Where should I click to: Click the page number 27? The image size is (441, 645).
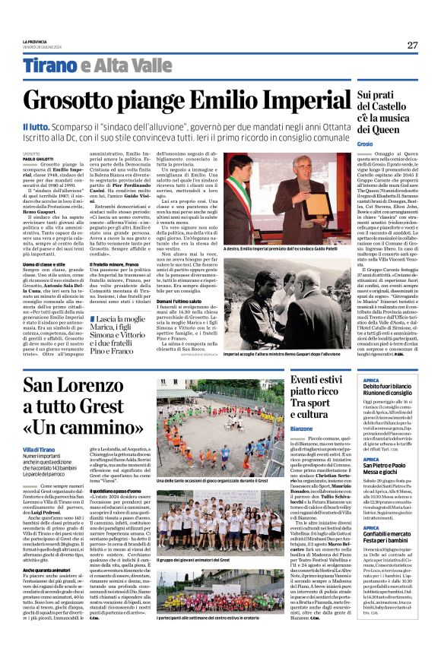pos(411,45)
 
